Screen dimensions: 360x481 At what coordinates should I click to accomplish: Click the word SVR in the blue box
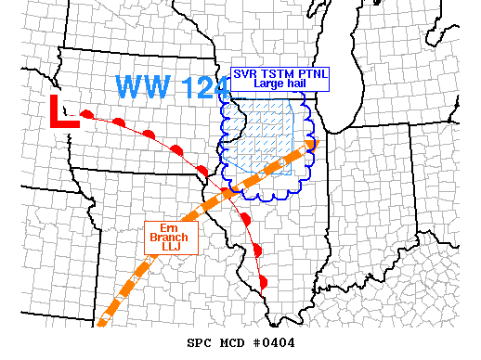click(247, 73)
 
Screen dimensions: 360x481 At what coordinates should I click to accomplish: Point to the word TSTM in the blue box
click(275, 73)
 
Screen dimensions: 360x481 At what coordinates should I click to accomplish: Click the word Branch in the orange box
click(168, 237)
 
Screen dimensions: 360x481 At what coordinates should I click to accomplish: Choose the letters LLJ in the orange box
click(168, 248)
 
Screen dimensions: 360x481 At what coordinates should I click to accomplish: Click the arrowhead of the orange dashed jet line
click(309, 143)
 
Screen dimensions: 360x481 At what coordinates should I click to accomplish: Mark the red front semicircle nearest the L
click(87, 114)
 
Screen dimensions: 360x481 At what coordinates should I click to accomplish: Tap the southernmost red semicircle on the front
click(263, 281)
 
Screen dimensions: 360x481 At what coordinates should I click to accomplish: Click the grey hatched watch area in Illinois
click(265, 139)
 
